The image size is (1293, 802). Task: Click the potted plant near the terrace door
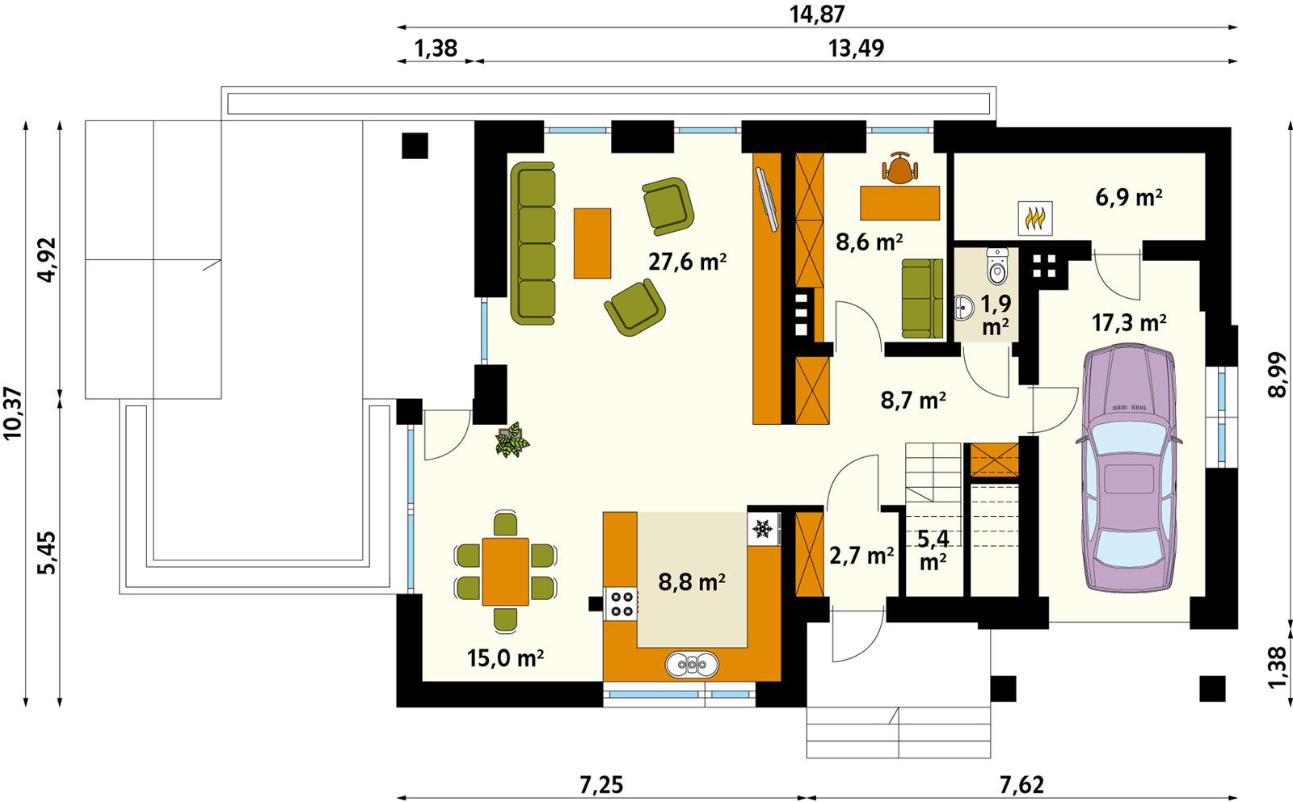point(512,441)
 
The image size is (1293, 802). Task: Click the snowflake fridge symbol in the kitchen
point(761,529)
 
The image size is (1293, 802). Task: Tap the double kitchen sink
point(692,665)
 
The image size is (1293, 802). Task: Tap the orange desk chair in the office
point(900,168)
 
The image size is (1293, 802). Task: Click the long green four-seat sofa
point(533,244)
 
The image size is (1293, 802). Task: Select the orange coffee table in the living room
point(592,243)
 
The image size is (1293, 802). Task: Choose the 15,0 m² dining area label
point(505,658)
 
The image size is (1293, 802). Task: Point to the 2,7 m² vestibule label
point(861,555)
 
